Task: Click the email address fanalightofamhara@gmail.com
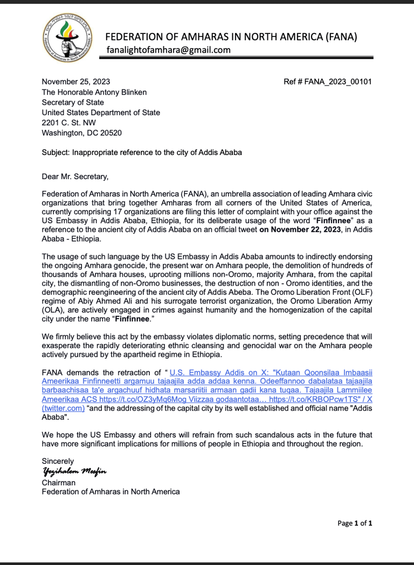[x=169, y=50]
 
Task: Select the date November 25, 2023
[x=76, y=82]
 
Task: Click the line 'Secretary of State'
[x=73, y=102]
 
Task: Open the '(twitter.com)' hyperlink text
[x=64, y=408]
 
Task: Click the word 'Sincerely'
[x=58, y=461]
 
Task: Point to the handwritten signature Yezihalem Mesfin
[x=74, y=472]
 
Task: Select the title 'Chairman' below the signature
[x=59, y=482]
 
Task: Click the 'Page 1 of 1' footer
[x=355, y=522]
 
